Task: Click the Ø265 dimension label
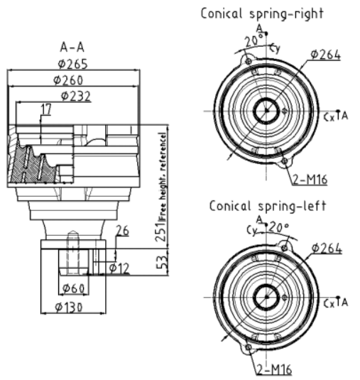(72, 64)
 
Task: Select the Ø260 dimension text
(68, 80)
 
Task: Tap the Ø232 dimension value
(76, 96)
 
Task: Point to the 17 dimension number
(46, 109)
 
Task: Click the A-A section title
(72, 47)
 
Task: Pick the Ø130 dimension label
(69, 308)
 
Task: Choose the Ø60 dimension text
(74, 288)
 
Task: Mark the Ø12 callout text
(119, 268)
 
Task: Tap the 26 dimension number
(123, 230)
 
